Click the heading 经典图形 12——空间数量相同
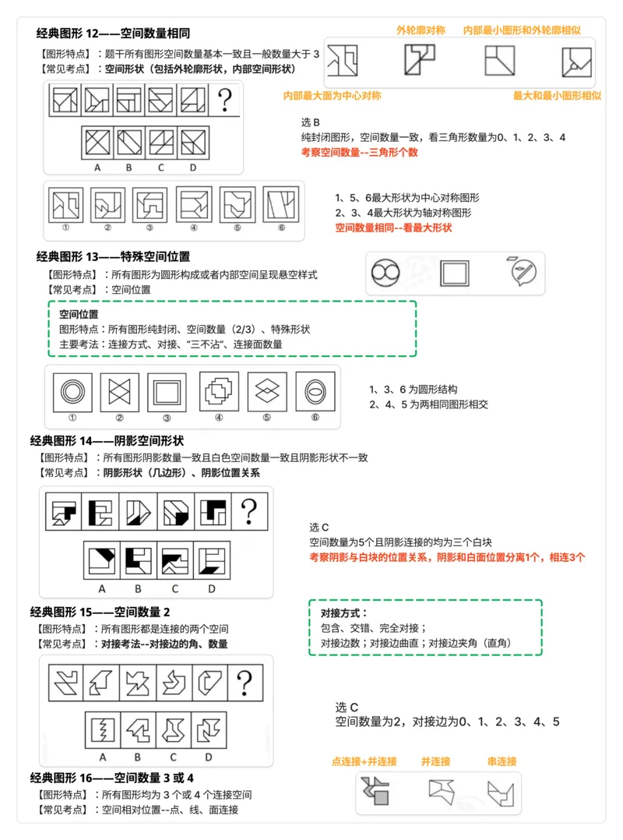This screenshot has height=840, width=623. [113, 34]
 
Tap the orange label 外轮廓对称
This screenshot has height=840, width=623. [421, 30]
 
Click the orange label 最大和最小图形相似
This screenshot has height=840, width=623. [557, 95]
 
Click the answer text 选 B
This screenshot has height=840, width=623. [310, 122]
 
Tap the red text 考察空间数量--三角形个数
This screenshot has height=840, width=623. [359, 152]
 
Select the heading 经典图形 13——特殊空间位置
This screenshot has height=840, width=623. [113, 256]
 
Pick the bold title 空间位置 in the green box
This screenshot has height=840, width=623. [79, 314]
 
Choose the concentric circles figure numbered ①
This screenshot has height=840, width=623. [76, 391]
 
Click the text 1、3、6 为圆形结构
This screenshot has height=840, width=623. [413, 389]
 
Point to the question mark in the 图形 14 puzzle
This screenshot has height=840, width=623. [248, 512]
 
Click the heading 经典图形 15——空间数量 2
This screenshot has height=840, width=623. [100, 611]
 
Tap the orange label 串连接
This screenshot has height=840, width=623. [502, 761]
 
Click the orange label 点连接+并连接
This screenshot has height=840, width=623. [364, 761]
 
